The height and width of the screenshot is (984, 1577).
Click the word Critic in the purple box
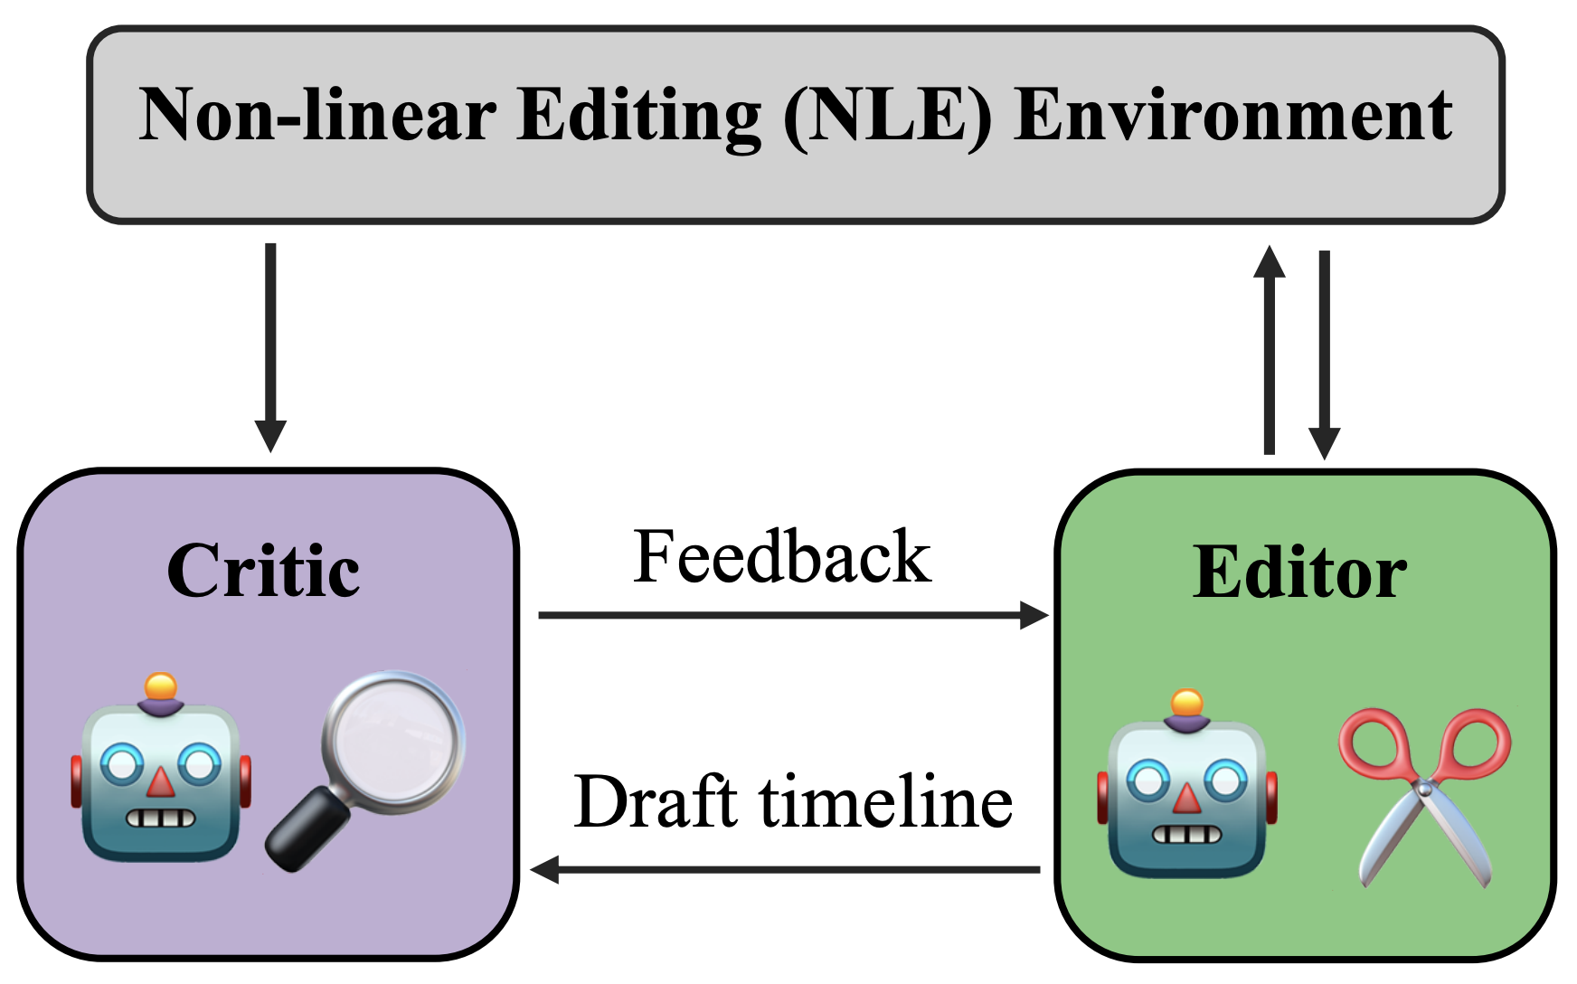(263, 572)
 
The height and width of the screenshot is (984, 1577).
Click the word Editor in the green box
(1299, 573)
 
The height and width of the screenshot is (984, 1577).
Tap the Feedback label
(782, 557)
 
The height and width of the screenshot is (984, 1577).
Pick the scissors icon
(1423, 796)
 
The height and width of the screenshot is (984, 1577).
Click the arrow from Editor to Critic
(787, 870)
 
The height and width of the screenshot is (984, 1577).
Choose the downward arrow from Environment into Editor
(1325, 353)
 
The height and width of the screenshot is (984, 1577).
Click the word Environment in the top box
(1232, 115)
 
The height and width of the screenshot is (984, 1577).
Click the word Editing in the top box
(639, 115)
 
